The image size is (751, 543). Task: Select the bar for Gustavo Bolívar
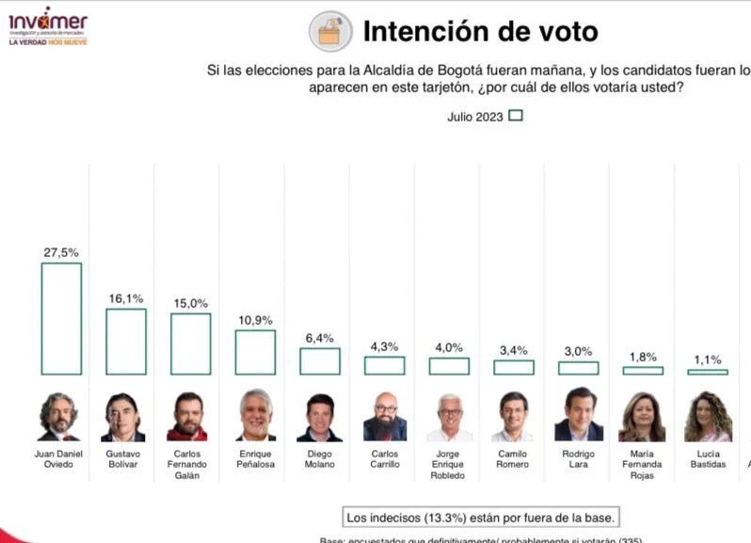coord(125,341)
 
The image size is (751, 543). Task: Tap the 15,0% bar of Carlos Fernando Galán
coord(190,343)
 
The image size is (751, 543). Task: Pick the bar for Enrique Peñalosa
coord(255,352)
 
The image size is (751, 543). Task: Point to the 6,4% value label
coord(320,338)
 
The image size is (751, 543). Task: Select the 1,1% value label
coord(708,359)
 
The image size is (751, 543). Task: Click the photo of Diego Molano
coord(319,417)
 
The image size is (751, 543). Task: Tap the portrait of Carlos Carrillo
coord(385,417)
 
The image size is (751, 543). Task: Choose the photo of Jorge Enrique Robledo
coord(450,417)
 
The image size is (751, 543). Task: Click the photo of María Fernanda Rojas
coord(642,417)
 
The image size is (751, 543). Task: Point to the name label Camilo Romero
coord(513,459)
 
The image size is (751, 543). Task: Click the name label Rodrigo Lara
coord(578,459)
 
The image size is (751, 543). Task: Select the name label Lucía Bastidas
coord(708,459)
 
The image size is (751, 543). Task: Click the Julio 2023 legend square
coord(515,116)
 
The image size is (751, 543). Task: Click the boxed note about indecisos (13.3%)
coord(481,517)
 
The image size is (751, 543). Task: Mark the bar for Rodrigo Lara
coord(578,368)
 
